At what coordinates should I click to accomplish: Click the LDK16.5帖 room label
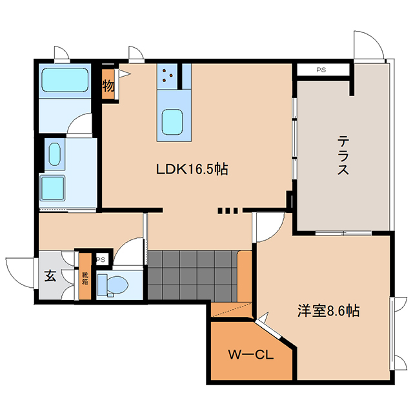192,169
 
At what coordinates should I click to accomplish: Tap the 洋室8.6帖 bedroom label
328,310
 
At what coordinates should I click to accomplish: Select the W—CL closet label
251,354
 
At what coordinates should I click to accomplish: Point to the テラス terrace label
343,155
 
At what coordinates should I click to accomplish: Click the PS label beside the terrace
321,70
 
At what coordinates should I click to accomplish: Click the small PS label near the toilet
101,260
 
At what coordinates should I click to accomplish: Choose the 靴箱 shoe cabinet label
85,279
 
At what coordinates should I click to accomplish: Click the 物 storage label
108,85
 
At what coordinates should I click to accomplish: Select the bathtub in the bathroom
65,80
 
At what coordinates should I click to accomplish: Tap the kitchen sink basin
172,122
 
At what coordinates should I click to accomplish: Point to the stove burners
167,76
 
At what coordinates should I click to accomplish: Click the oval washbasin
54,154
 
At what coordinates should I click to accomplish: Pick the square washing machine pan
52,188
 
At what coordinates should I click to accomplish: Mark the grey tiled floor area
192,276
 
